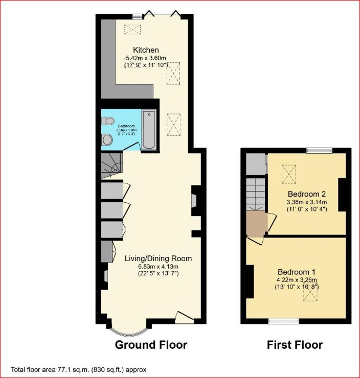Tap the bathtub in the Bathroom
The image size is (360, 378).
[149, 130]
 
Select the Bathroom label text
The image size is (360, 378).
[126, 126]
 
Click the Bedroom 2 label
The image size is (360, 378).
[307, 194]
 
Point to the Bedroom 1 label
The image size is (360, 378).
[297, 272]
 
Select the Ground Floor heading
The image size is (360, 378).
[151, 345]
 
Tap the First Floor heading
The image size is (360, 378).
[295, 345]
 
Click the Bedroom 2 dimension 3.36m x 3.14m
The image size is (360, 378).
[307, 202]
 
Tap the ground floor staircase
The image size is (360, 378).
[111, 166]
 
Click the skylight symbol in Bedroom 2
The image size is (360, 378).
[289, 174]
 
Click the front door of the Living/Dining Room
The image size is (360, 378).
[184, 317]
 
